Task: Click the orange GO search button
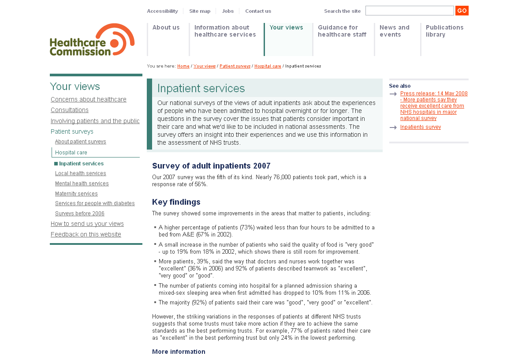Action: [x=462, y=11]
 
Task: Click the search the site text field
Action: [x=409, y=11]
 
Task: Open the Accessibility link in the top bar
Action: [x=162, y=11]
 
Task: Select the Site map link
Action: [x=200, y=11]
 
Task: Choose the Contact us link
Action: [x=258, y=11]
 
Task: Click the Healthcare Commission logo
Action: [x=92, y=40]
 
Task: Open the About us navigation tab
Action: [x=166, y=27]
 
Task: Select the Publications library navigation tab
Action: [x=444, y=31]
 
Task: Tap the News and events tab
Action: [x=394, y=31]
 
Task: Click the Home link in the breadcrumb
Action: [x=183, y=66]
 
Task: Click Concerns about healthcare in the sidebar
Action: [x=89, y=99]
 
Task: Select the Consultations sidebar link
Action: [x=70, y=110]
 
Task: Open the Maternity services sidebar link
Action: [x=76, y=194]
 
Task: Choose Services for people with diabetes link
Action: [x=95, y=203]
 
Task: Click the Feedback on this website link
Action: [x=86, y=234]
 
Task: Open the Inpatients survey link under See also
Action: [x=421, y=127]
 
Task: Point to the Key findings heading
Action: [x=176, y=202]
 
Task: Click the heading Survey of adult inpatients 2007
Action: [x=211, y=166]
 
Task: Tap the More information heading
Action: [x=179, y=352]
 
